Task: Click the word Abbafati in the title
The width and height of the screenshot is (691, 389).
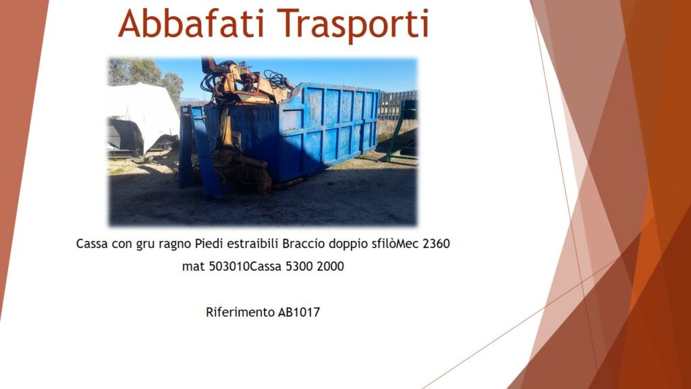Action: point(191,24)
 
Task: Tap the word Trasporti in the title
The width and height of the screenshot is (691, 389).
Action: point(352,26)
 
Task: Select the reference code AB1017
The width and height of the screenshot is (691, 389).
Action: point(299,312)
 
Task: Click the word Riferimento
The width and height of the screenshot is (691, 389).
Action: point(240,312)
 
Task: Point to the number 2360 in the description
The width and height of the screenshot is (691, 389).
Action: point(436,243)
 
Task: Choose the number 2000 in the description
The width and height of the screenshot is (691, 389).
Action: point(330,266)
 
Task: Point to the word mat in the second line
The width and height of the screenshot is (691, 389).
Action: point(194,266)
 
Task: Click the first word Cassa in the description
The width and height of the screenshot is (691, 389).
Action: point(92,243)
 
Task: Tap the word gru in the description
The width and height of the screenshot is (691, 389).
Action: point(146,245)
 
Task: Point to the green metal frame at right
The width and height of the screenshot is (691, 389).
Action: point(401,132)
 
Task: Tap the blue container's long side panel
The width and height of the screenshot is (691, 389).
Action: point(329,128)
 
